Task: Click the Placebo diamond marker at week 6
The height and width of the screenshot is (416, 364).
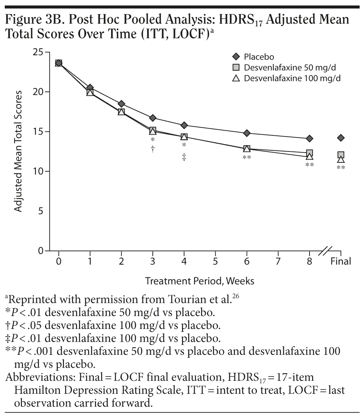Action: [247, 133]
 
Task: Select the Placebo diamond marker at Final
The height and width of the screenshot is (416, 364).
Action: [341, 138]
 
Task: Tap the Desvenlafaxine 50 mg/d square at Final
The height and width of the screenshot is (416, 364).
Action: [341, 155]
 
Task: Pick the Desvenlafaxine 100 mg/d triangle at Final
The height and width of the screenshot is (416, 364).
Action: [341, 160]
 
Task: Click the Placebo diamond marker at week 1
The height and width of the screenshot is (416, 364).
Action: [90, 87]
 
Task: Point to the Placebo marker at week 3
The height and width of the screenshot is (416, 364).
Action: [153, 118]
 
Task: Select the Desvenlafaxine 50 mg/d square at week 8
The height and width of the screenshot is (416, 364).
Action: [310, 153]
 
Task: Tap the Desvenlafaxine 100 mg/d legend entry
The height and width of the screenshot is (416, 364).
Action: [289, 78]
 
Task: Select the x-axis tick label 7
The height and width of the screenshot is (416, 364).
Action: [278, 261]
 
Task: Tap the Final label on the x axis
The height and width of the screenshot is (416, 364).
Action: [341, 261]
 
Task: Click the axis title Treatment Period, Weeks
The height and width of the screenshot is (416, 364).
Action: [200, 281]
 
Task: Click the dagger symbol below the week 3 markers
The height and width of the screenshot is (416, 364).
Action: [153, 149]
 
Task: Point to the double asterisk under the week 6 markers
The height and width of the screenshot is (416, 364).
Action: [247, 158]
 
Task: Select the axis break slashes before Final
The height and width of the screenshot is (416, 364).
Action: [325, 251]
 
